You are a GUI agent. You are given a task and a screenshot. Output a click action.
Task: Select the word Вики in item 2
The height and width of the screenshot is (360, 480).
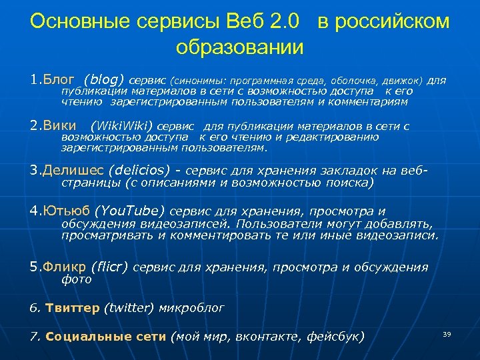(59, 125)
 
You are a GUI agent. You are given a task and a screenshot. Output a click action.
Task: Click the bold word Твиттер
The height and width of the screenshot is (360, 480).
(73, 308)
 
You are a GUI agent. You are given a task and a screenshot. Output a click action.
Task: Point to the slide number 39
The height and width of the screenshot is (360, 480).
(447, 333)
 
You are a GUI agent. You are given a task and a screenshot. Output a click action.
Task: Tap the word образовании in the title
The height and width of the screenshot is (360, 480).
(240, 48)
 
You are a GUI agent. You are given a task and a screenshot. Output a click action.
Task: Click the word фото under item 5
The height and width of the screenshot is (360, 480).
(76, 280)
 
